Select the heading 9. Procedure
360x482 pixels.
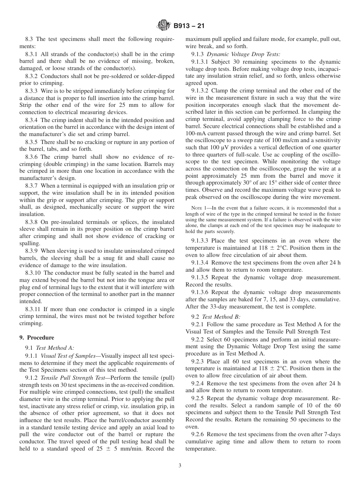[x=37, y=338]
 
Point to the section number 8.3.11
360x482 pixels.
[x=33, y=309]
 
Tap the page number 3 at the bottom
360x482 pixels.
[x=180, y=466]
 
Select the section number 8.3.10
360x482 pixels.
[x=33, y=273]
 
